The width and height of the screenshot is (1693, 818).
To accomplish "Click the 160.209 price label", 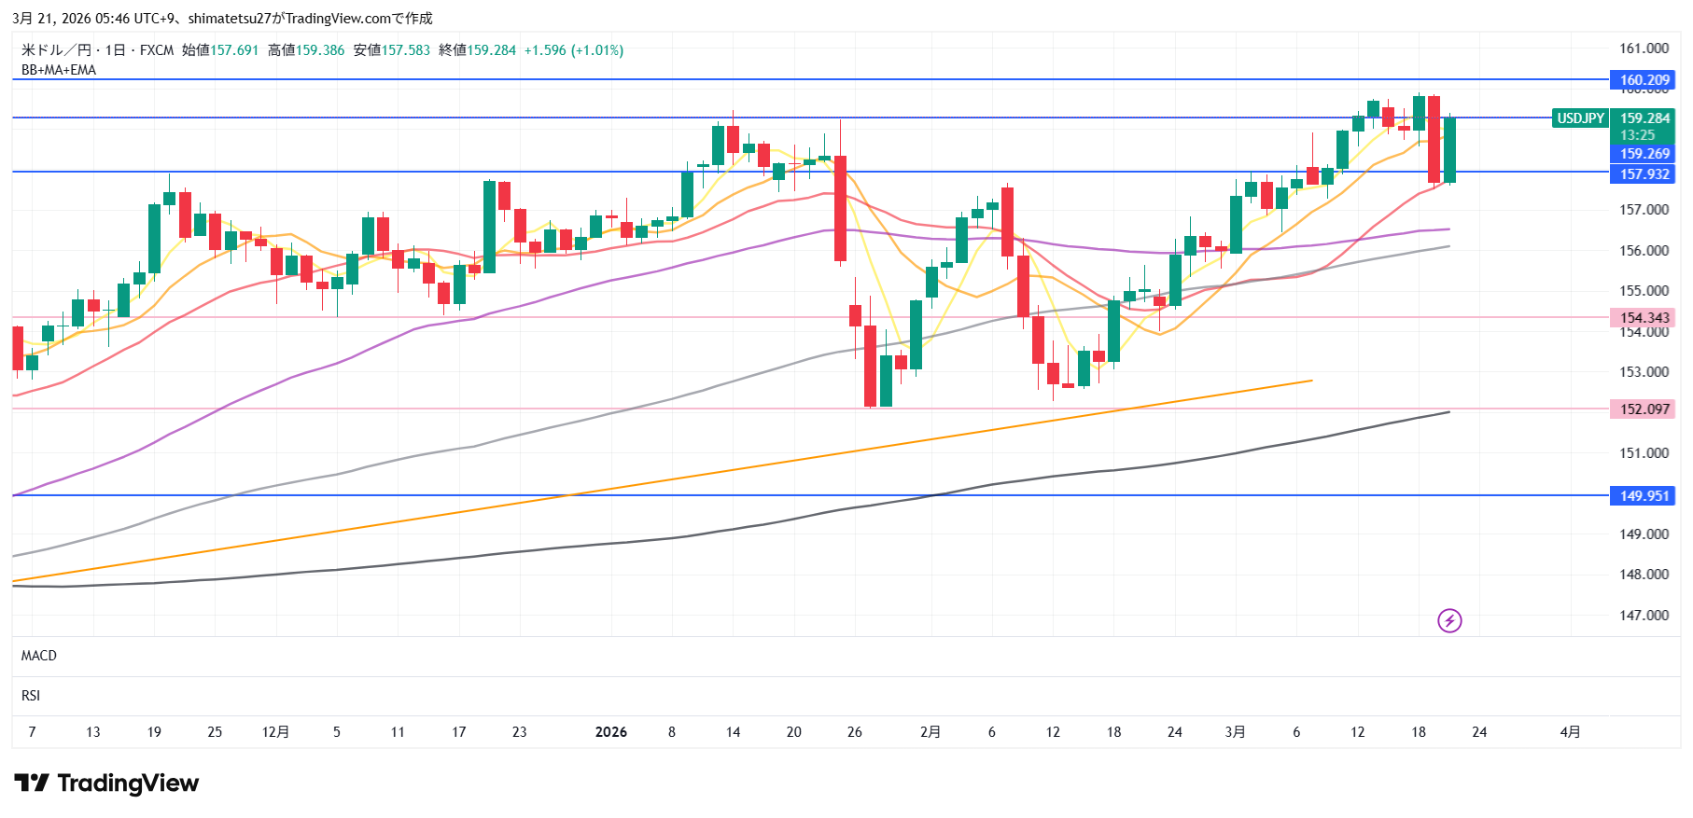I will [x=1643, y=80].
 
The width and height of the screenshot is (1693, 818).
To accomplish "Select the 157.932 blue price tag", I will [x=1643, y=174].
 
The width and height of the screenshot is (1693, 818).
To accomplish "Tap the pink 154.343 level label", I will [x=1643, y=318].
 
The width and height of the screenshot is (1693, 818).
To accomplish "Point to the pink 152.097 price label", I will [x=1643, y=409].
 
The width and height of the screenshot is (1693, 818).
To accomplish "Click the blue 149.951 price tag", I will [x=1643, y=496].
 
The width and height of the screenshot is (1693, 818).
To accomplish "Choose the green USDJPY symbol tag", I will [x=1580, y=118].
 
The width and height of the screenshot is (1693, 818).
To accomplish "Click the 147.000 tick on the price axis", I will [x=1644, y=616].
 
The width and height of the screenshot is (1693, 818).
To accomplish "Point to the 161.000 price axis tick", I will [x=1644, y=49].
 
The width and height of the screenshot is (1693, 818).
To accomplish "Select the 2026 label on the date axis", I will [x=611, y=732].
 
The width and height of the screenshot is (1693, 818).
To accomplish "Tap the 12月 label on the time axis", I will [x=275, y=732].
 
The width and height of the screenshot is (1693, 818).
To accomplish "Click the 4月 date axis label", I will [x=1570, y=732].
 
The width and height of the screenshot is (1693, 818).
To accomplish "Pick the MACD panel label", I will [x=39, y=656].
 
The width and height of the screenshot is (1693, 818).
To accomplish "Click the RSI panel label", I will [x=31, y=696].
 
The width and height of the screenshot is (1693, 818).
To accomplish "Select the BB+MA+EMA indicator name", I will [x=59, y=70].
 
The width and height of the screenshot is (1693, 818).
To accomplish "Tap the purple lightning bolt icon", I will [x=1449, y=620].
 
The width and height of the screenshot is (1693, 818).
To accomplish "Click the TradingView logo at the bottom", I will [x=106, y=783].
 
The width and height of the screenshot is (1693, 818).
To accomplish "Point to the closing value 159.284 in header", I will [x=491, y=50].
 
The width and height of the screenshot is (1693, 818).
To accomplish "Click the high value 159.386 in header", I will [x=320, y=50].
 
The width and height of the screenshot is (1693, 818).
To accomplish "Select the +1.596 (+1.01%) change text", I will [x=574, y=50].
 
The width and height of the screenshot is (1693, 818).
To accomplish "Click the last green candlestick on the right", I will [x=1449, y=149].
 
